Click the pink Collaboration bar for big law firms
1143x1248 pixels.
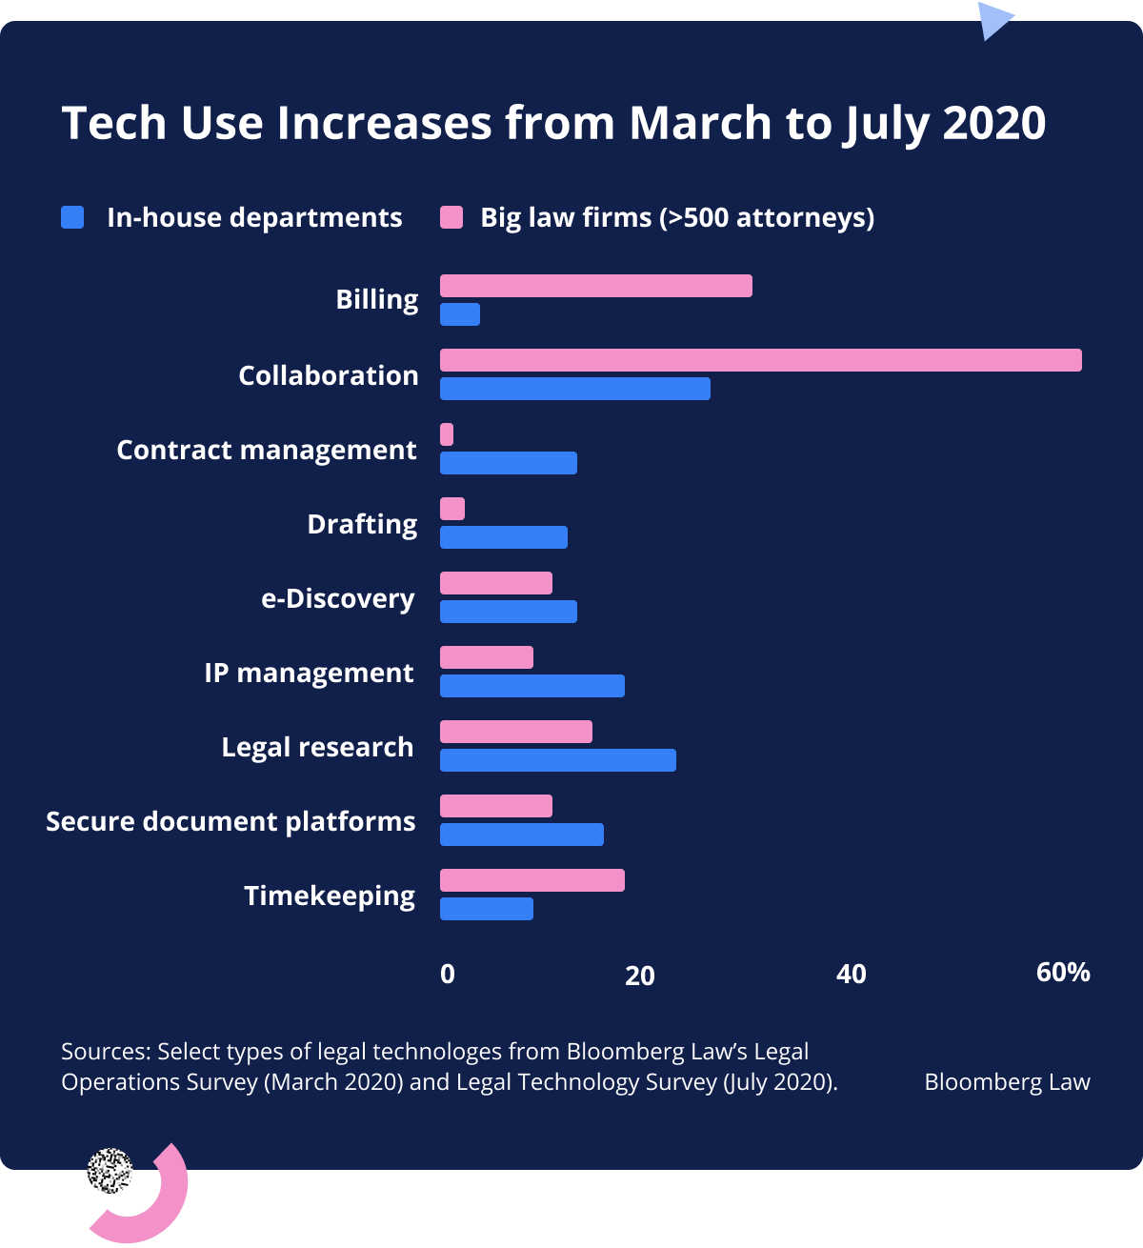[x=760, y=360]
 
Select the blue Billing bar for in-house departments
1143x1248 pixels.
[x=460, y=314]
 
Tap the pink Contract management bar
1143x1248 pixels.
[x=447, y=434]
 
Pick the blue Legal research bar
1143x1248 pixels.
[x=557, y=760]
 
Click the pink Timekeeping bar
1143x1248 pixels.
[x=531, y=880]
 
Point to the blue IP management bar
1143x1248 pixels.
[x=531, y=686]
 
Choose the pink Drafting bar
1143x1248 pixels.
[x=452, y=509]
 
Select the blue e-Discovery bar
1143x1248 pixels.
[x=508, y=612]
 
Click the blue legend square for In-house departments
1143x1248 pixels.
[x=72, y=217]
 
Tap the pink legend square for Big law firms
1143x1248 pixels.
[x=451, y=217]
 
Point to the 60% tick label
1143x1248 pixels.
[x=1063, y=972]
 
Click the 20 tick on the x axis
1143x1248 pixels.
[x=640, y=975]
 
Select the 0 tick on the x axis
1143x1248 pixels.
[x=448, y=974]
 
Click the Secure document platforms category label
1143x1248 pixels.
[x=231, y=821]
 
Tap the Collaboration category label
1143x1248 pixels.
[x=328, y=375]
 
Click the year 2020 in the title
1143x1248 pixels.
[x=993, y=123]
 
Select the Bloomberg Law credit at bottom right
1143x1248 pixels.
[x=1007, y=1082]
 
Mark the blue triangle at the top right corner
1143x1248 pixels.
[x=993, y=19]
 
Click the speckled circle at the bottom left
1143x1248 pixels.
[x=110, y=1171]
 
